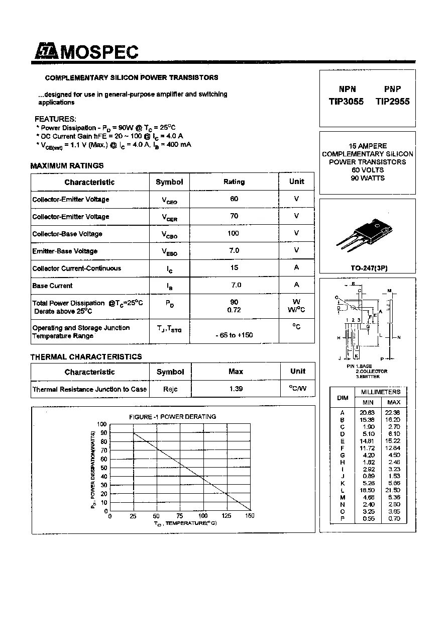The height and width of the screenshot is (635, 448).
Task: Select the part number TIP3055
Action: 346,102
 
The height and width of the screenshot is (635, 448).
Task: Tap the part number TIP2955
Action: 392,102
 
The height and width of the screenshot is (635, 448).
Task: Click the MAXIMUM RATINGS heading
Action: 67,165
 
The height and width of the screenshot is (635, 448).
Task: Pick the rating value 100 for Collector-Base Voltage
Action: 234,233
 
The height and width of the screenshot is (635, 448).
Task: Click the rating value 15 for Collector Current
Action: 234,267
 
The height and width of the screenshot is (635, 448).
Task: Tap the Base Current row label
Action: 52,286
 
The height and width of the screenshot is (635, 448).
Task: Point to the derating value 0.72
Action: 234,310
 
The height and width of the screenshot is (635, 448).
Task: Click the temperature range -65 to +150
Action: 234,335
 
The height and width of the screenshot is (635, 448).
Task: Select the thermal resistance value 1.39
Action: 236,389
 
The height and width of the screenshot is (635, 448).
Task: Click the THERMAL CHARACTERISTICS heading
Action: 86,356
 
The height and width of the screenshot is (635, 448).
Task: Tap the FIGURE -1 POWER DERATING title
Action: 172,417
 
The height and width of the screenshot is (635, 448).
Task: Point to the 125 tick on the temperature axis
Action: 227,516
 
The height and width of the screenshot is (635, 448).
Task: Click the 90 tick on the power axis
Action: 103,433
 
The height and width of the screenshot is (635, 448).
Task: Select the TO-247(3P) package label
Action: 369,268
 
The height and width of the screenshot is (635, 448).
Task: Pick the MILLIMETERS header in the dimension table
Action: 381,392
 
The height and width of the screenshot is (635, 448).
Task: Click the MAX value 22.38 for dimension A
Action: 394,412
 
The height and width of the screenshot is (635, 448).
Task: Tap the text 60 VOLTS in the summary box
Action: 368,170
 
